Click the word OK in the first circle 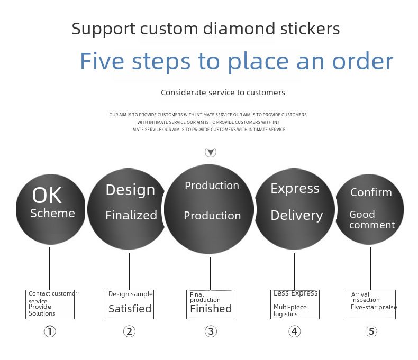point(47,195)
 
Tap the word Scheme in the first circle point(52,214)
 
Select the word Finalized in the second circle point(131,215)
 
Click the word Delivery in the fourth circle point(296,215)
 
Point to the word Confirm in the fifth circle point(371,192)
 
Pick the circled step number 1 point(50,331)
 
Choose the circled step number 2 point(129,331)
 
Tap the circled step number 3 point(211,331)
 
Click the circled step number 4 point(295,331)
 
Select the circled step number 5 point(371,331)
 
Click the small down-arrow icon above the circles point(211,153)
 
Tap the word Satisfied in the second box point(130,309)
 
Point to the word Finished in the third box point(211,309)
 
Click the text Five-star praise point(374,307)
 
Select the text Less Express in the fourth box point(295,293)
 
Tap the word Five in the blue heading point(102,61)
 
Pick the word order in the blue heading point(362,61)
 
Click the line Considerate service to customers point(223,93)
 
